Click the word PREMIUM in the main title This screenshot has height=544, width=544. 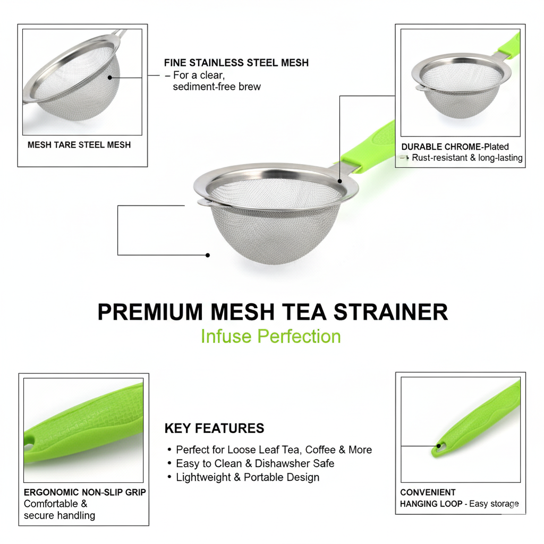[150, 311]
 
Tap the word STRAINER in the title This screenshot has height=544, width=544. [390, 311]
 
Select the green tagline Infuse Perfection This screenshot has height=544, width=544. [271, 336]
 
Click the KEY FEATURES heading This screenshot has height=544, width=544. [215, 428]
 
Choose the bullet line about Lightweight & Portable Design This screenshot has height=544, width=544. [248, 477]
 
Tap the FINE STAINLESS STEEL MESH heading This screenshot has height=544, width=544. [236, 63]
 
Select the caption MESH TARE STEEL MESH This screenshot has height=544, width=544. [79, 144]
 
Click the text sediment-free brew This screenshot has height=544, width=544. [217, 87]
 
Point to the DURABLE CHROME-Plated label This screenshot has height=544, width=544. [455, 147]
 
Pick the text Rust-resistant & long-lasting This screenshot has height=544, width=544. [467, 157]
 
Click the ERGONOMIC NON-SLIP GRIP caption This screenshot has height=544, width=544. [84, 492]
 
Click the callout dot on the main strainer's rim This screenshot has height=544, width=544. [339, 181]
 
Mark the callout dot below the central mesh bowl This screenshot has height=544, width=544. [208, 255]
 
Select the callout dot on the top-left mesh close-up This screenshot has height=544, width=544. [110, 78]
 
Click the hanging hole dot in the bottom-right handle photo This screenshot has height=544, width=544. [438, 446]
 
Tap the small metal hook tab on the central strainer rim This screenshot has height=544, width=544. [205, 202]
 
